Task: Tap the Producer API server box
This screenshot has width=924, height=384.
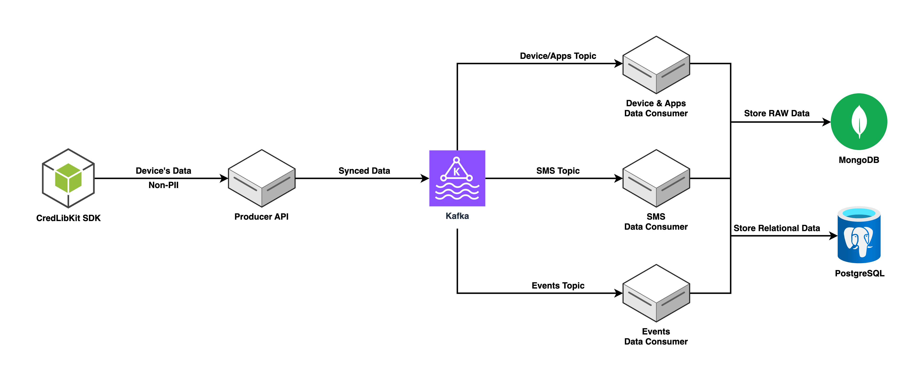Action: (x=262, y=178)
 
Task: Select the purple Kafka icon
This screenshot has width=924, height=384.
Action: (x=457, y=178)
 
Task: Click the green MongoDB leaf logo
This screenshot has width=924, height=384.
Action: (x=859, y=122)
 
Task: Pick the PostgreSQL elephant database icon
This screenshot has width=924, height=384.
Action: (x=859, y=235)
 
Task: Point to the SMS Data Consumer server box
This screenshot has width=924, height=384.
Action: (x=656, y=178)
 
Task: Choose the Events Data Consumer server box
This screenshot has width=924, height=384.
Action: (x=656, y=293)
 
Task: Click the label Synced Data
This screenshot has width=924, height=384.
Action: (x=364, y=171)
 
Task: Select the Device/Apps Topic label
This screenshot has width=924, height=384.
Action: (x=558, y=56)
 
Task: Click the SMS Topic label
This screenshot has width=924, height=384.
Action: (x=558, y=171)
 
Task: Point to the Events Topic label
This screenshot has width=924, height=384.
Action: (x=558, y=286)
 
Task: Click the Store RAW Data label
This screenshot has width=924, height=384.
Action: (x=777, y=113)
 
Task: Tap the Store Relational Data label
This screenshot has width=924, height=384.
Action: (x=777, y=228)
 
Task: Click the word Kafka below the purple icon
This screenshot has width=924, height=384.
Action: (x=457, y=216)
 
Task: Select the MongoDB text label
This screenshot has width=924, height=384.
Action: (x=859, y=160)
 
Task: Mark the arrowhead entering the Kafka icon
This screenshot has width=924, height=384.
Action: (x=425, y=178)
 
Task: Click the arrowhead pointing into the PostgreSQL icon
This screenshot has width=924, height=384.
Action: (x=833, y=236)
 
